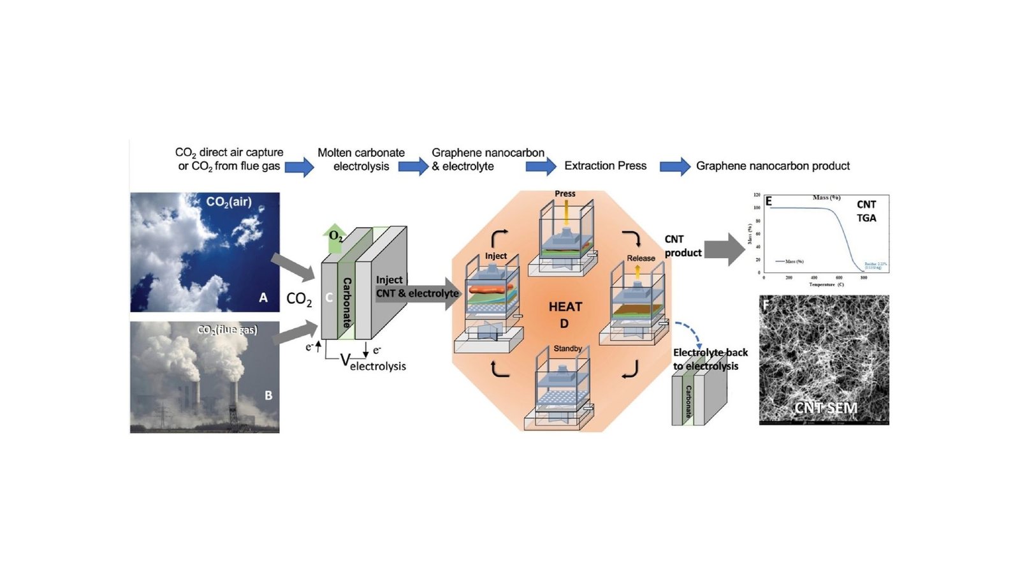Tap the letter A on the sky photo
(x=263, y=297)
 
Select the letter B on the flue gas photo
(x=268, y=395)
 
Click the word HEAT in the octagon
(x=565, y=307)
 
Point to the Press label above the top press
(x=565, y=193)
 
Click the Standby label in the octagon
(x=567, y=348)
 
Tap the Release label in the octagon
(x=641, y=258)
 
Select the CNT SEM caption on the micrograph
(x=826, y=408)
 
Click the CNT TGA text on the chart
(x=866, y=211)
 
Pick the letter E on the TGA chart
(x=769, y=202)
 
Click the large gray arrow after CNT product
(x=724, y=249)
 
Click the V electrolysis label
(x=373, y=363)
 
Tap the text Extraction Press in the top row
(x=605, y=166)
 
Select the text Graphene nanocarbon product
(x=773, y=166)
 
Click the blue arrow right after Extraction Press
(x=674, y=166)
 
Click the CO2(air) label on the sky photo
(x=229, y=202)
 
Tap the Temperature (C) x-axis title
(x=826, y=284)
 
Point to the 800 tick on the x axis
(x=864, y=278)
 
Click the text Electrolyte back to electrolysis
(x=710, y=359)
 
